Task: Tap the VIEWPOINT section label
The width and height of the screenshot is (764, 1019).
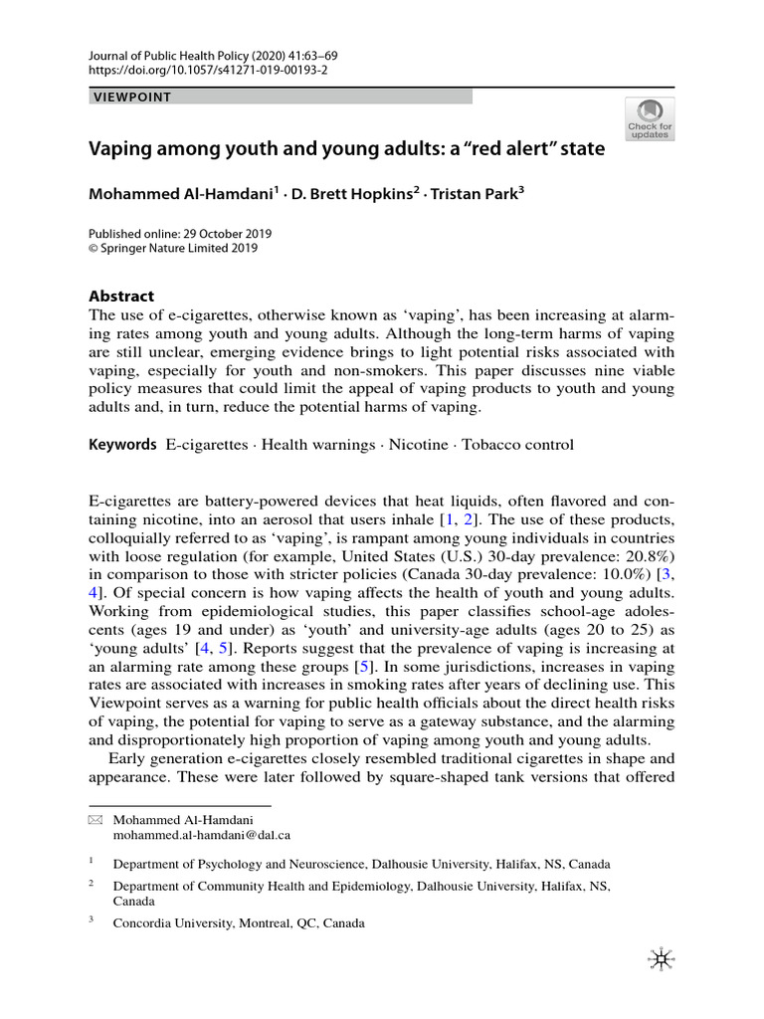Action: tap(132, 97)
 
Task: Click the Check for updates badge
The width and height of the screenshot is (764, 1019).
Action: tap(650, 119)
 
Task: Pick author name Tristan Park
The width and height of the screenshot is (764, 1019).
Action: tap(473, 194)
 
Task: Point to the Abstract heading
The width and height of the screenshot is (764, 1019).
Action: tap(121, 296)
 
